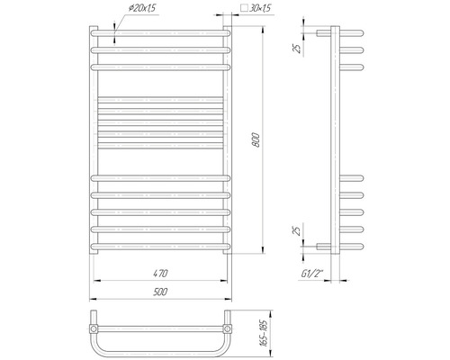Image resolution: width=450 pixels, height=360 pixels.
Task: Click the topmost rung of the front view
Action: pyautogui.click(x=159, y=35)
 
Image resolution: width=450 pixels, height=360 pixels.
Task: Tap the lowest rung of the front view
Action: pyautogui.click(x=159, y=242)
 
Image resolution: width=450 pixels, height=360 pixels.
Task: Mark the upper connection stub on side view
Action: pyautogui.click(x=322, y=34)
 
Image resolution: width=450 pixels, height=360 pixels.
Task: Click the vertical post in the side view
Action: pyautogui.click(x=334, y=144)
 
